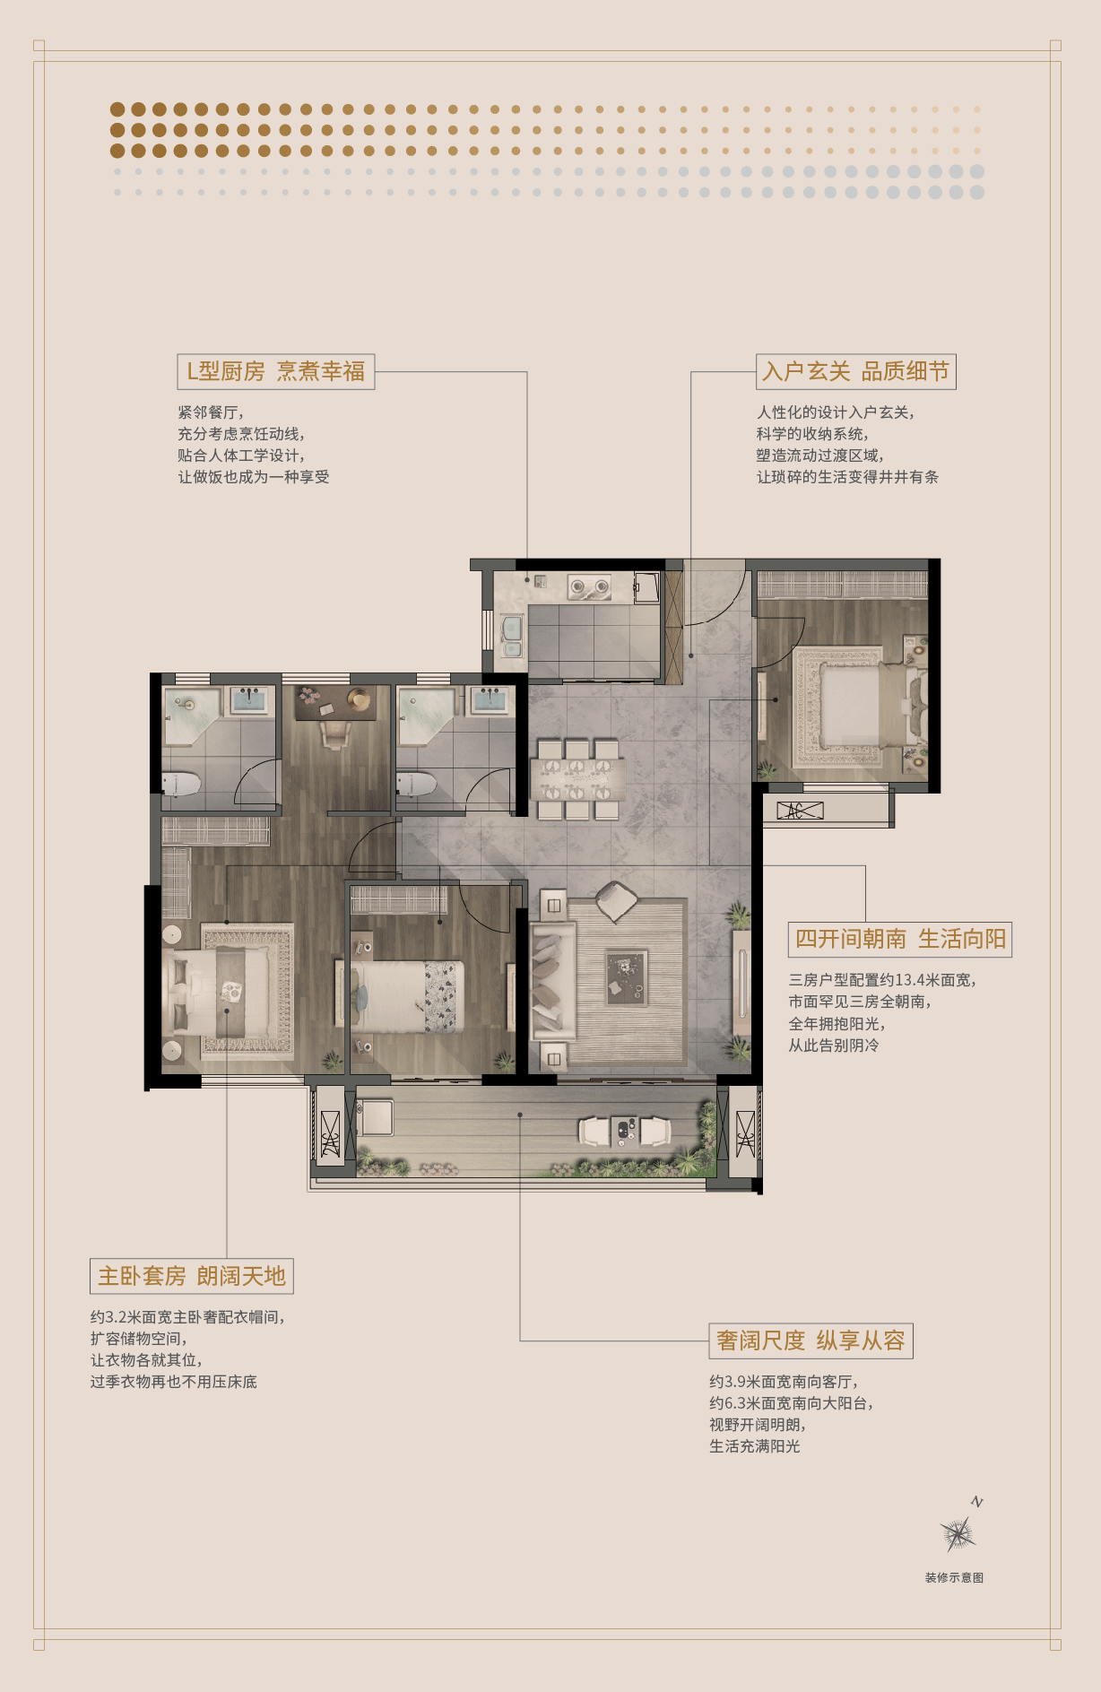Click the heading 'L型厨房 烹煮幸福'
pyautogui.click(x=275, y=371)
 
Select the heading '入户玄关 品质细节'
pyautogui.click(x=855, y=371)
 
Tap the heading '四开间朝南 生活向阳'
pyautogui.click(x=900, y=939)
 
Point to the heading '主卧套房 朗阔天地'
pyautogui.click(x=192, y=1276)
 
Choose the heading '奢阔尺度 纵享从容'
pyautogui.click(x=811, y=1341)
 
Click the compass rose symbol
pyautogui.click(x=958, y=1534)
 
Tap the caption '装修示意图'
pyautogui.click(x=954, y=1577)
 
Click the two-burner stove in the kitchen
pyautogui.click(x=590, y=588)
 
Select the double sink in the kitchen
pyautogui.click(x=511, y=637)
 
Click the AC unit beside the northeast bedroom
pyautogui.click(x=800, y=811)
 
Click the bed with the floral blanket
pyautogui.click(x=407, y=995)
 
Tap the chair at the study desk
pyautogui.click(x=334, y=734)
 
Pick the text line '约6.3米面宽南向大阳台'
pyautogui.click(x=791, y=1403)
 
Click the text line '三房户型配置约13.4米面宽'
pyautogui.click(x=882, y=980)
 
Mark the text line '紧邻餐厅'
pyautogui.click(x=211, y=412)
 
